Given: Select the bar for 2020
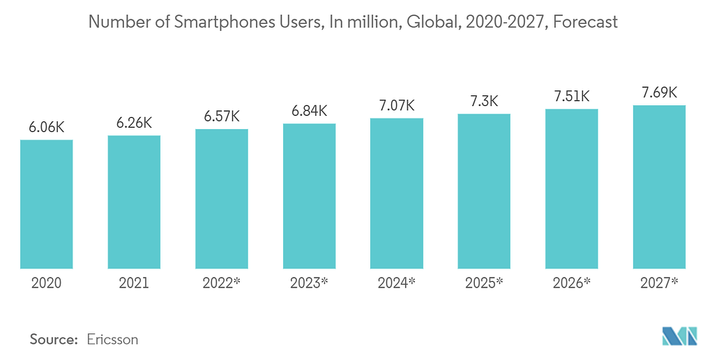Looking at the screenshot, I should pyautogui.click(x=46, y=204).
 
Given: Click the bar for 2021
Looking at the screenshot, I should pyautogui.click(x=134, y=202).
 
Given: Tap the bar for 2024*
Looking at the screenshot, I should pyautogui.click(x=396, y=193).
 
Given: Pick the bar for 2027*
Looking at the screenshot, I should pyautogui.click(x=659, y=186).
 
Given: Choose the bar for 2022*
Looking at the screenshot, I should pyautogui.click(x=221, y=198).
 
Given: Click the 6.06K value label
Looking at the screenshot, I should pyautogui.click(x=46, y=128).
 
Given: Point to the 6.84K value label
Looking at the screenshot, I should pyautogui.click(x=309, y=112).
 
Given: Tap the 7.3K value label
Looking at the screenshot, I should pyautogui.click(x=484, y=101).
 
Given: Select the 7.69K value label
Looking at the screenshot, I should pyautogui.click(x=659, y=93).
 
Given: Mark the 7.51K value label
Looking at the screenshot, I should pyautogui.click(x=572, y=97).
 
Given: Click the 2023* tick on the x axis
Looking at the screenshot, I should pyautogui.click(x=309, y=283).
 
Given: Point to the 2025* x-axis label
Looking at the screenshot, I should pyautogui.click(x=484, y=283).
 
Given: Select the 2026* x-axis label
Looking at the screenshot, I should pyautogui.click(x=572, y=283).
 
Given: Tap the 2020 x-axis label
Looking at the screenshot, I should pyautogui.click(x=46, y=283).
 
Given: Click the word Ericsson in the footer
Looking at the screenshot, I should pyautogui.click(x=112, y=340).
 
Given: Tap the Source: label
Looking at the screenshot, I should pyautogui.click(x=53, y=340).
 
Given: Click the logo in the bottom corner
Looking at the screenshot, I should pyautogui.click(x=679, y=336).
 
